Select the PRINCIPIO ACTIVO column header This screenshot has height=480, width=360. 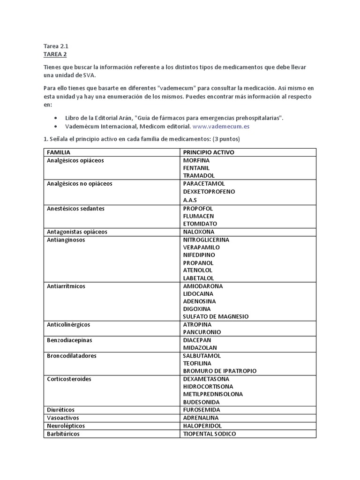pos(209,152)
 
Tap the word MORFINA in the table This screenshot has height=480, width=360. pos(196,160)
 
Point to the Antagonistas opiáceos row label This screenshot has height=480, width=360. pos(77,232)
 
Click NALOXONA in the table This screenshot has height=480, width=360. pos(199,232)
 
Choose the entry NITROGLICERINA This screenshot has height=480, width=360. pos(206,240)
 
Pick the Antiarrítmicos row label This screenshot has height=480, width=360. pos(66,286)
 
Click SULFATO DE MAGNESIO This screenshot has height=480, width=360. pos(216,316)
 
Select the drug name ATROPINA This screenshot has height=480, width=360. pos(197,324)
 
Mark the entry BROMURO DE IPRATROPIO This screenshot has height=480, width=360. pos(220,371)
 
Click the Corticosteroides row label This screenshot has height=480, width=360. pos(69,379)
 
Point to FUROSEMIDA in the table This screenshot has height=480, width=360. pos(202,410)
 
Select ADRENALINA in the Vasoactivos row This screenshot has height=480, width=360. pos(201,418)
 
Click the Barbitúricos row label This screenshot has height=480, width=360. pos(63,434)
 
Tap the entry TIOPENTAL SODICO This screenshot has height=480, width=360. pos(210,434)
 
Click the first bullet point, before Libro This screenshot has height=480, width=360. pos(56,118)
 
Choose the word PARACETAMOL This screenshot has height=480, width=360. pos(204,183)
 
